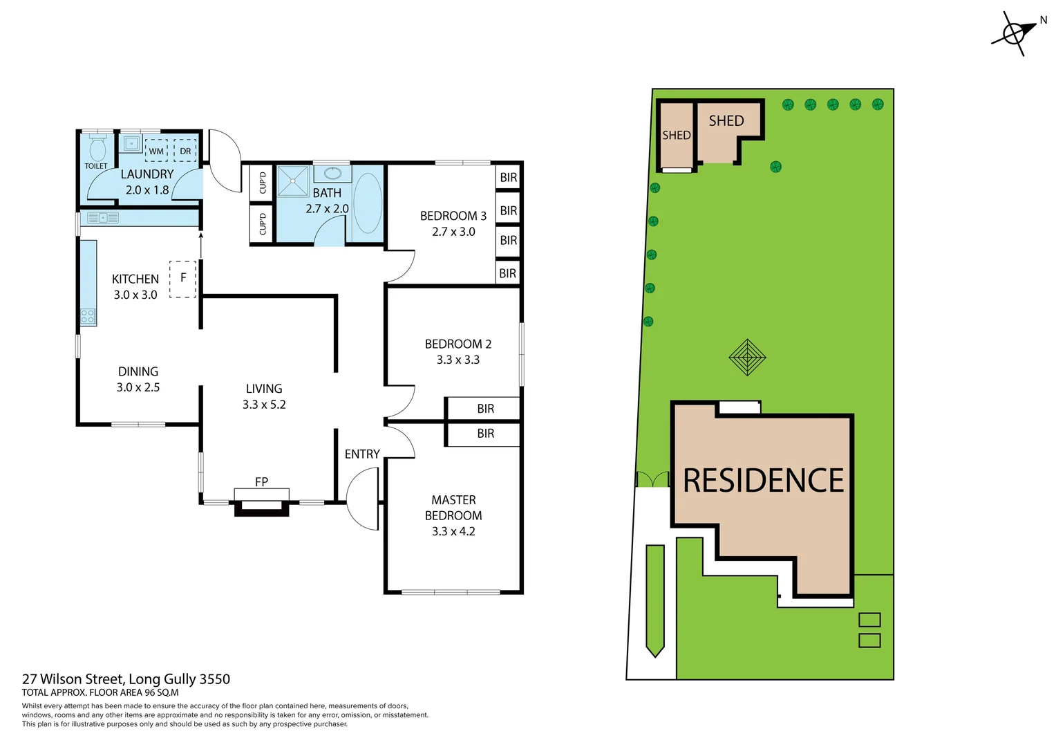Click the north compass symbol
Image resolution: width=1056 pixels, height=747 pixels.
point(1015,33)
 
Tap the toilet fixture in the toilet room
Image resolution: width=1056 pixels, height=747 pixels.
point(97,149)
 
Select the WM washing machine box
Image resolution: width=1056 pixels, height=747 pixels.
point(156,151)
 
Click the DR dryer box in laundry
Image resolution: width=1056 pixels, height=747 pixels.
point(185,151)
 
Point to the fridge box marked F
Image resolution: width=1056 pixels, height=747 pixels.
point(183,278)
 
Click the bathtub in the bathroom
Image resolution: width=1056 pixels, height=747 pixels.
point(367,203)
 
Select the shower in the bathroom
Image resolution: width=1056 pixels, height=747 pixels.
point(293,181)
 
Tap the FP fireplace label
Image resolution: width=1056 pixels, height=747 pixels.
point(261,481)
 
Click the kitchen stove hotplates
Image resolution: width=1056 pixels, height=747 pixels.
point(88,317)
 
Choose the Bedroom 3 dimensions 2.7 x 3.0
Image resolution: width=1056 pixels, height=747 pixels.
point(453,232)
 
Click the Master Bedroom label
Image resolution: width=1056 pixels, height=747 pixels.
point(453,508)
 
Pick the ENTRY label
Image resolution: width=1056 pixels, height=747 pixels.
point(362,454)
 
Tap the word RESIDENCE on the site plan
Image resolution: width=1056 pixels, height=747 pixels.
point(763,481)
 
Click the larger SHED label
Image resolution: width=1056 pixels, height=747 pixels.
point(726,121)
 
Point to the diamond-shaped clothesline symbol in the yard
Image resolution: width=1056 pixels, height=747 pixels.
point(747,358)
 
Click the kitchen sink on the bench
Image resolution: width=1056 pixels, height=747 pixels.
point(102,218)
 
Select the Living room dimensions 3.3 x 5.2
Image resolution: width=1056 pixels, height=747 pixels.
point(264,405)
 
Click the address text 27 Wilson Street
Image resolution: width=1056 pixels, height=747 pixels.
point(73,679)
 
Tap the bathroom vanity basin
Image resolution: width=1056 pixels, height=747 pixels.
point(332,172)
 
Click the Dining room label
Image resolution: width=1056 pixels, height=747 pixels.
point(138,371)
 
